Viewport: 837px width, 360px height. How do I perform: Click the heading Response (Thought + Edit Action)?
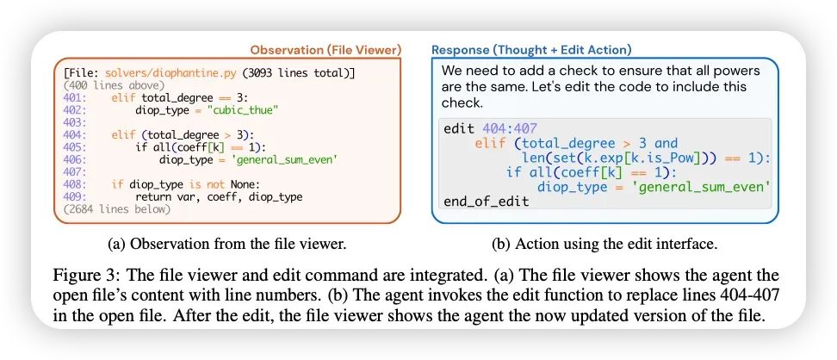[x=531, y=50]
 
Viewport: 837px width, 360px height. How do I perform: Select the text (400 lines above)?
[x=113, y=86]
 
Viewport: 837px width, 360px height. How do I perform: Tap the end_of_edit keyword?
[x=487, y=202]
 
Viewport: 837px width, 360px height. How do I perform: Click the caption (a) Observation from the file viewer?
[x=227, y=244]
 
